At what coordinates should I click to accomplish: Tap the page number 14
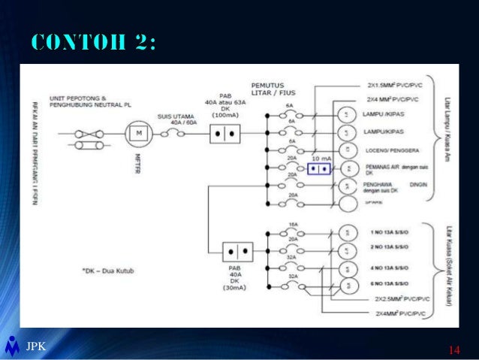pos(453,349)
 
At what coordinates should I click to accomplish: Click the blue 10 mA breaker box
pos(319,168)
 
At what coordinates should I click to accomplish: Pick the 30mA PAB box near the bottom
pos(237,252)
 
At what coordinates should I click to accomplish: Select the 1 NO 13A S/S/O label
pos(388,232)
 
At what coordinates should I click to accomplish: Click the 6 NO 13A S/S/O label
pos(388,284)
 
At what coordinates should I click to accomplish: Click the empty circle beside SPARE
pos(347,202)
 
